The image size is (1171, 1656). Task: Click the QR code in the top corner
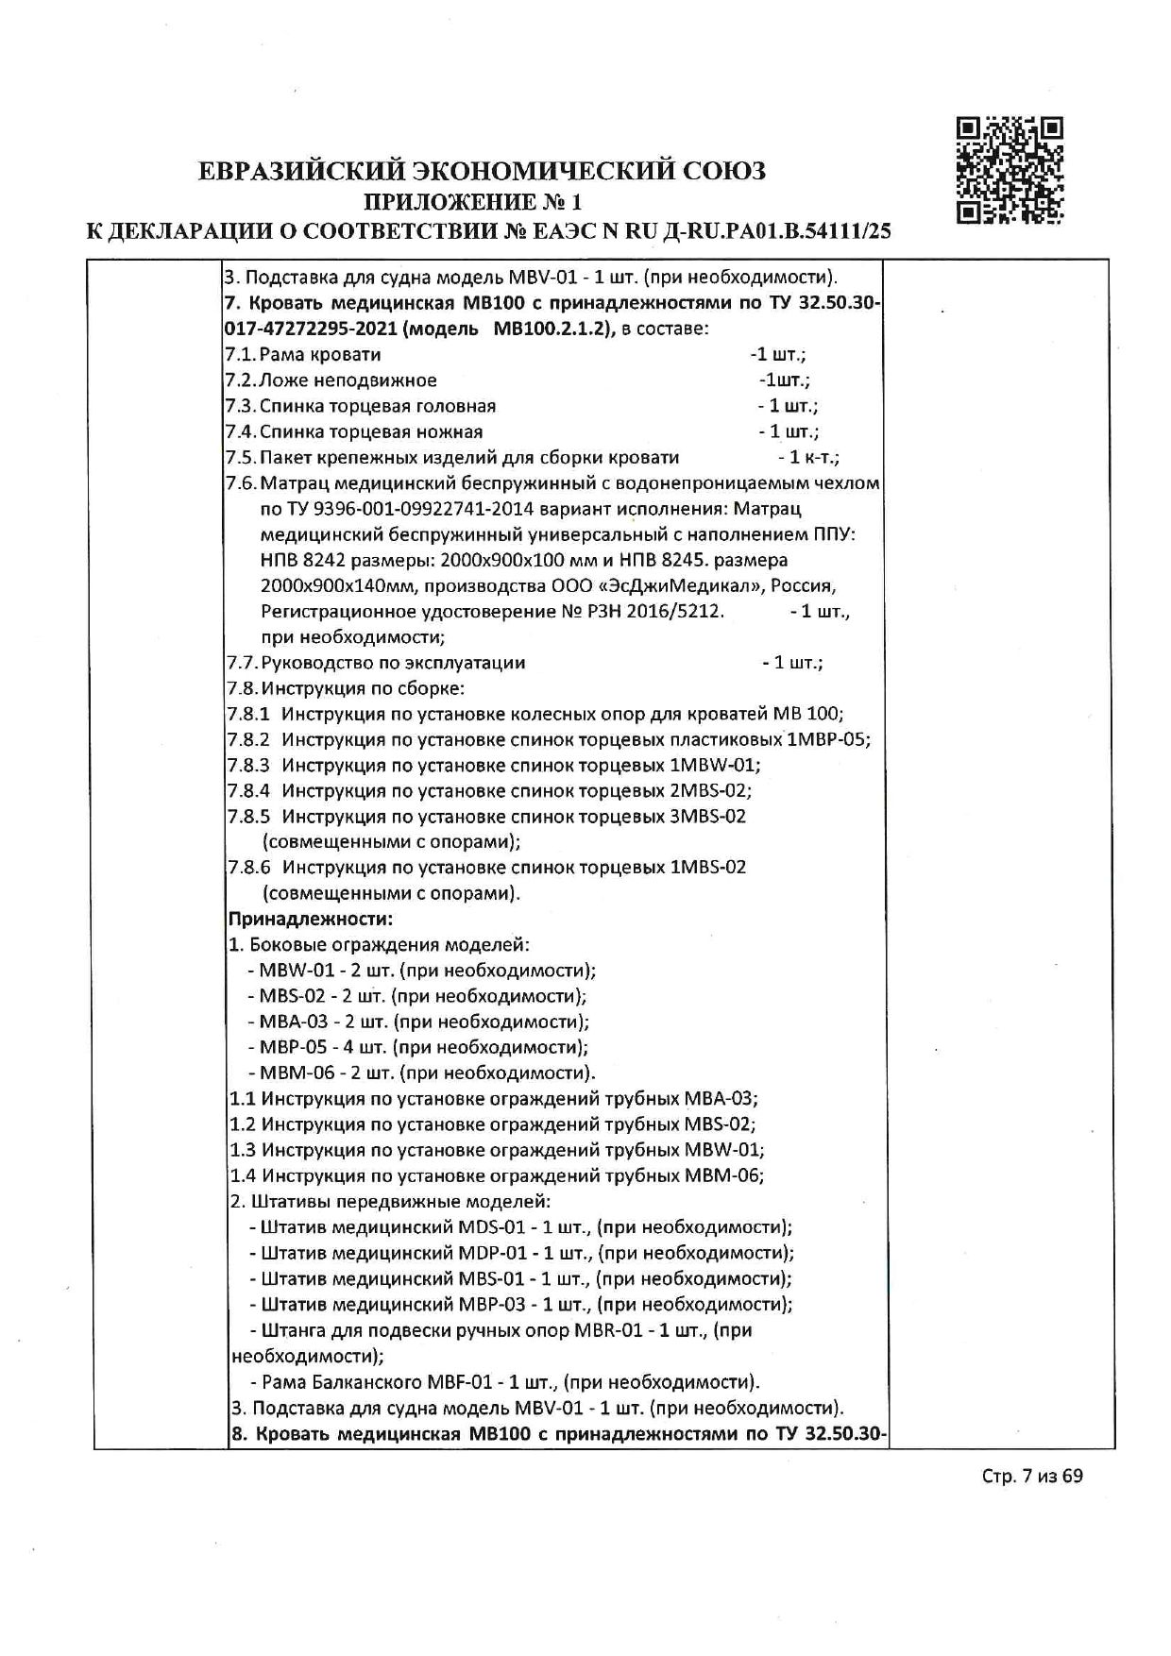(x=1010, y=170)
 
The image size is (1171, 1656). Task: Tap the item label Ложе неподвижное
(x=348, y=380)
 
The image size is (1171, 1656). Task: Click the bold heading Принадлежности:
(x=311, y=919)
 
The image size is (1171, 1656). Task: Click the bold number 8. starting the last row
(x=239, y=1435)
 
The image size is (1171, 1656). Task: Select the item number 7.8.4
(x=248, y=790)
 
